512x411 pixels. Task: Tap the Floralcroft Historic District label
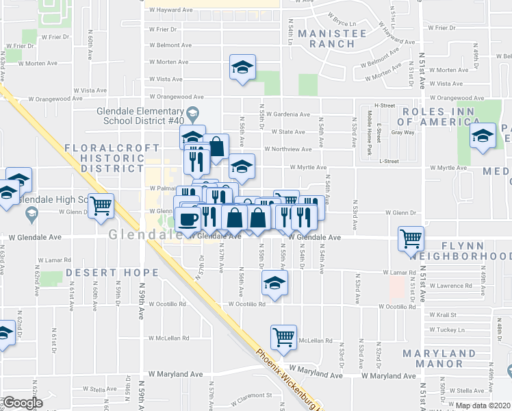coord(105,159)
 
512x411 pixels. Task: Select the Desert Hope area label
coord(113,273)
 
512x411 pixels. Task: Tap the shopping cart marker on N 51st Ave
coord(411,239)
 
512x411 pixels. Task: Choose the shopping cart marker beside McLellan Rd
coord(283,336)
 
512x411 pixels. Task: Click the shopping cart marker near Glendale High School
coord(101,205)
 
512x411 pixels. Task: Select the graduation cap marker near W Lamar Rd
coord(274,282)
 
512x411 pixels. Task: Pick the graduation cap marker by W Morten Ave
coord(241,67)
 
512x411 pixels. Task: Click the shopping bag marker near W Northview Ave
coord(216,146)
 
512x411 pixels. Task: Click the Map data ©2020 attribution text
coord(483,406)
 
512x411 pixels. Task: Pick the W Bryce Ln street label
coord(344,14)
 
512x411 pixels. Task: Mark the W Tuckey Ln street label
coord(450,329)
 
